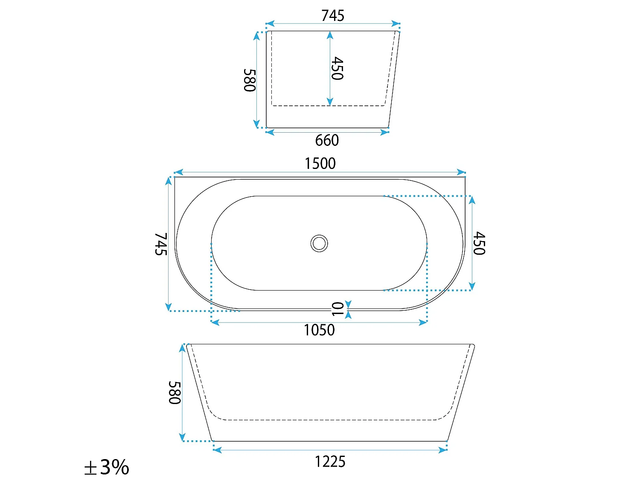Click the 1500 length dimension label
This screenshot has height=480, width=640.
click(320, 163)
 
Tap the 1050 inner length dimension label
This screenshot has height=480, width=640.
click(319, 330)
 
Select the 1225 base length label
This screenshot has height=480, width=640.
click(330, 462)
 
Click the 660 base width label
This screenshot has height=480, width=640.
click(327, 140)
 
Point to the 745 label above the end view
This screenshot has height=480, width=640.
click(333, 16)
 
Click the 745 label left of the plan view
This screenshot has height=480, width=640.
click(161, 244)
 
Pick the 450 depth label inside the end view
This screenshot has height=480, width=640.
click(337, 68)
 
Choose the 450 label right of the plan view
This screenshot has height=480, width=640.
click(479, 243)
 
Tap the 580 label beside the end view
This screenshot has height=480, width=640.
click(250, 80)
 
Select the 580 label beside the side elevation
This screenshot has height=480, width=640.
click(175, 393)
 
